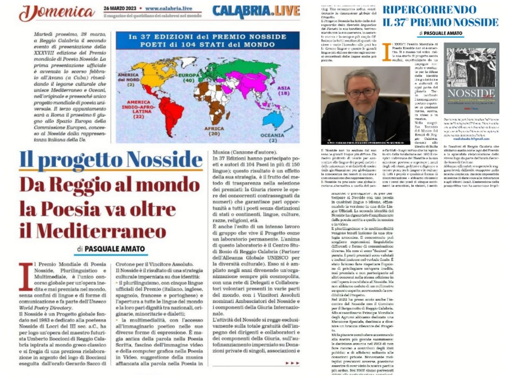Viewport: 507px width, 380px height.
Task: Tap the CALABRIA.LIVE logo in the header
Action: [256, 11]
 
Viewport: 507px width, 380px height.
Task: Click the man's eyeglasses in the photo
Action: [361, 92]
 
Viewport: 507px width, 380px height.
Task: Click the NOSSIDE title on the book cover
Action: [472, 93]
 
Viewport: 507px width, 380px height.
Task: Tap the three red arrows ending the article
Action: [292, 363]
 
